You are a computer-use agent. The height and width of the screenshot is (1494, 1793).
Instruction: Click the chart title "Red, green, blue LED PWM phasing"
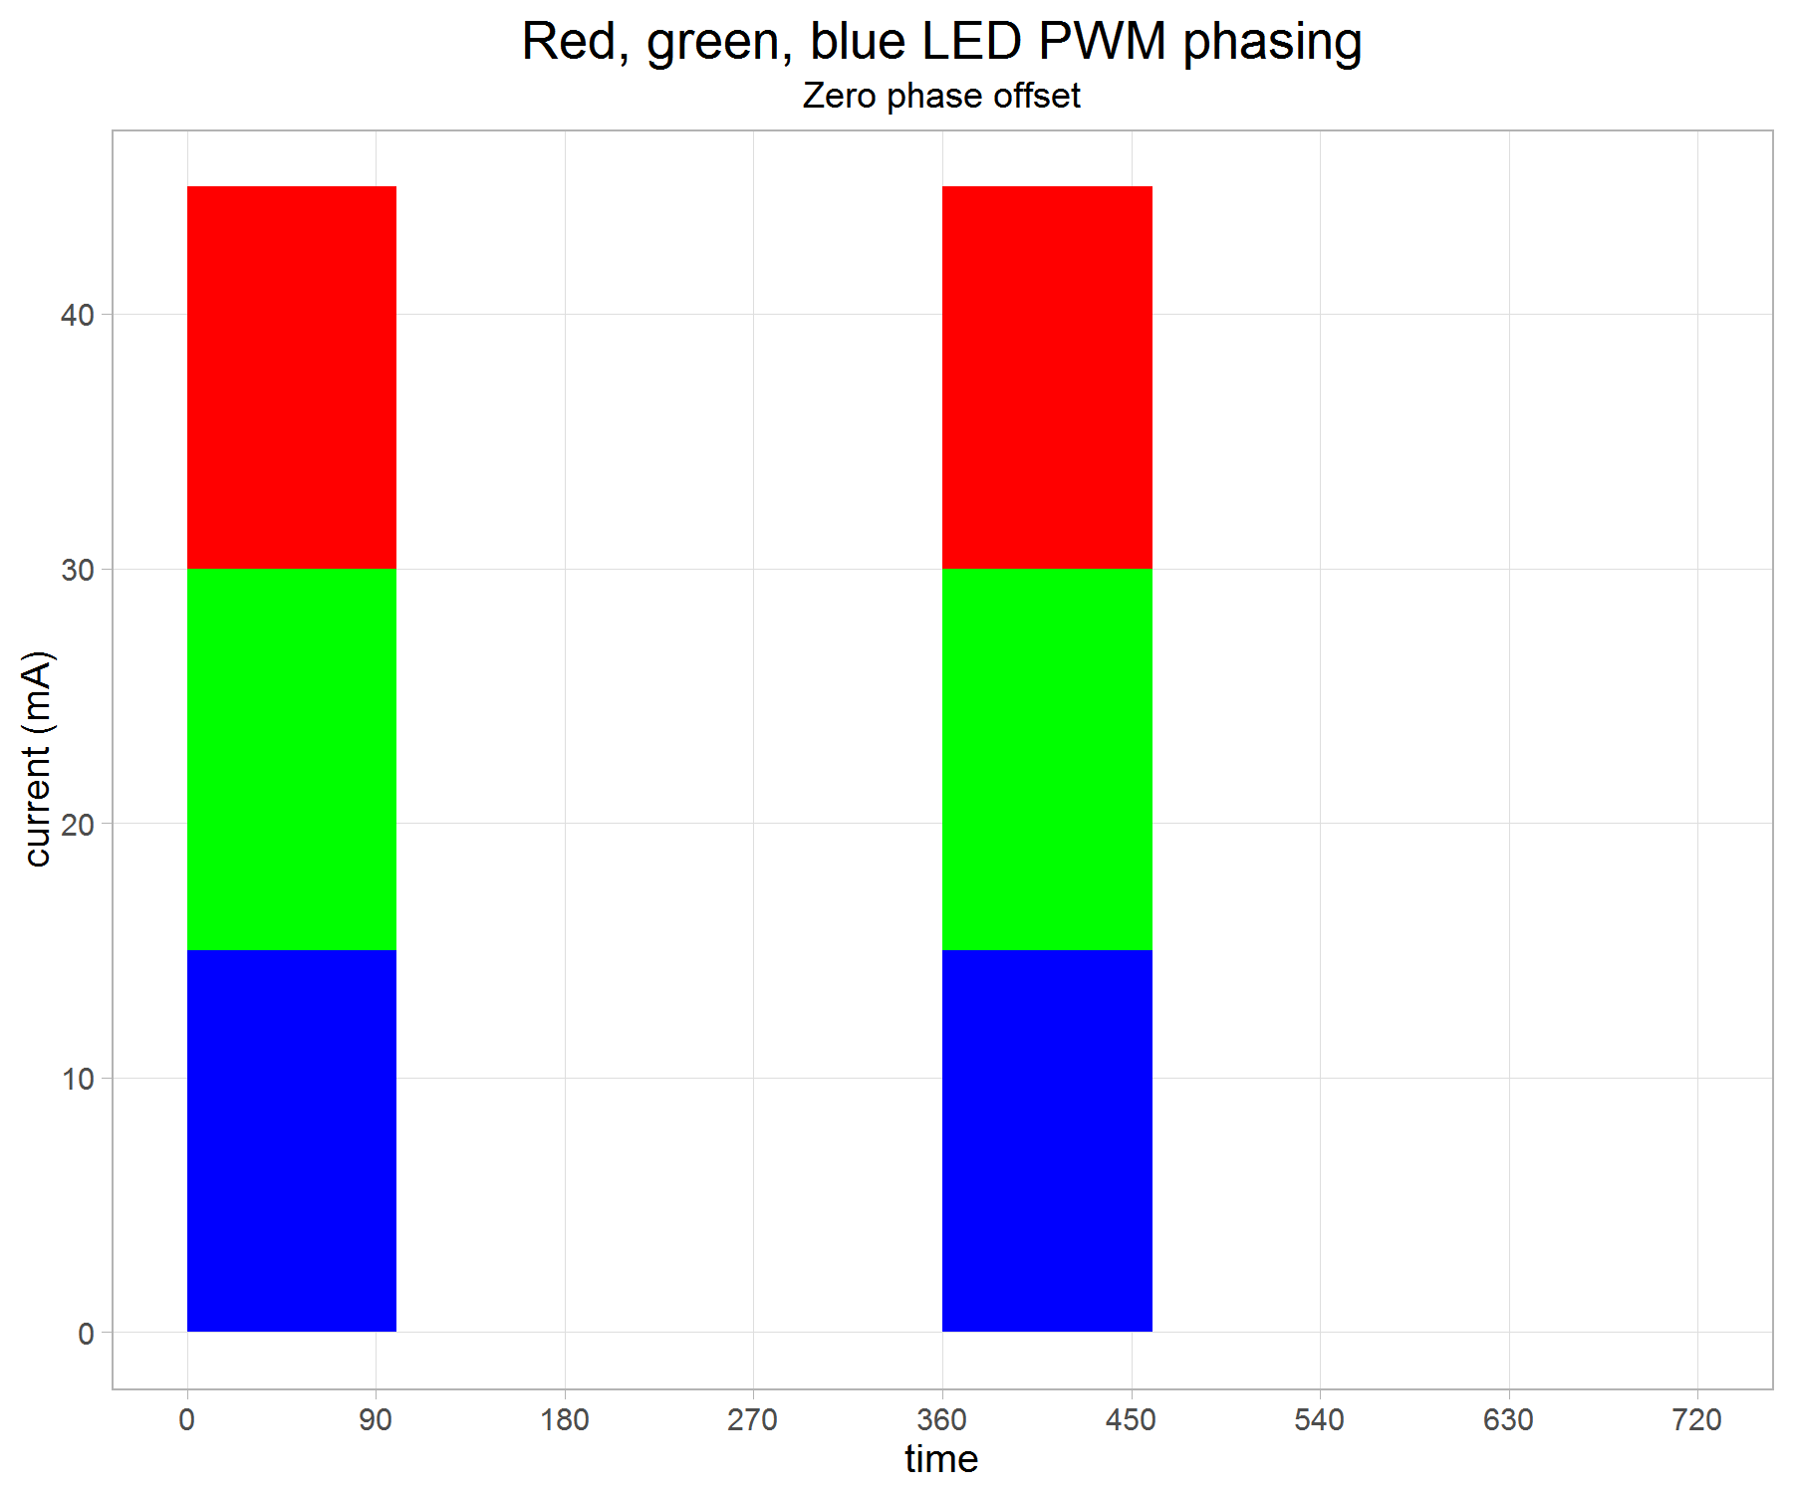[941, 42]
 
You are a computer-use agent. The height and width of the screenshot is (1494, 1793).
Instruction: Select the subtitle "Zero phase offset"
[941, 96]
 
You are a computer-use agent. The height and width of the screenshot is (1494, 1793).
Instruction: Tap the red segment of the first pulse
[292, 376]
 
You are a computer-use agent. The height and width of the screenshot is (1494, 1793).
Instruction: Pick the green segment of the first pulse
[292, 759]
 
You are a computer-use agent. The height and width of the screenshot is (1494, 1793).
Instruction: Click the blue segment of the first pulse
[292, 1140]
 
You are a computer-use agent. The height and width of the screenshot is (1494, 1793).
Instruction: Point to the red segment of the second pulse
[1047, 376]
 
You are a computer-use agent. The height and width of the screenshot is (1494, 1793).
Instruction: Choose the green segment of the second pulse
[1047, 759]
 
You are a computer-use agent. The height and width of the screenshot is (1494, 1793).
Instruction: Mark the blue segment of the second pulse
[1047, 1140]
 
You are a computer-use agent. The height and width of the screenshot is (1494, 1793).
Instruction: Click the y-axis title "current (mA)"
[38, 759]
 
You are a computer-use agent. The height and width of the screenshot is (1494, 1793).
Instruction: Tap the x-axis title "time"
[941, 1459]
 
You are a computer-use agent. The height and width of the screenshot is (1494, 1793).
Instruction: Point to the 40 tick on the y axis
[77, 315]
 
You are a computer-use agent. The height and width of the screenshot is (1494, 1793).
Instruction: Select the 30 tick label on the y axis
[77, 570]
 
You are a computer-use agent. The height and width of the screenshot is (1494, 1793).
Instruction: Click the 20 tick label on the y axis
[77, 824]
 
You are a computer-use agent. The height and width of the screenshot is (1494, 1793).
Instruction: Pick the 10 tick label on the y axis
[77, 1079]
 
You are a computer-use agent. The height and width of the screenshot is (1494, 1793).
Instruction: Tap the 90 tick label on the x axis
[376, 1419]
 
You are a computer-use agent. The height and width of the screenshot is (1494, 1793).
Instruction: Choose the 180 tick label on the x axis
[565, 1419]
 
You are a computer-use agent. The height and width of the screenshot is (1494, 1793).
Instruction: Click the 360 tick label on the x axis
[941, 1419]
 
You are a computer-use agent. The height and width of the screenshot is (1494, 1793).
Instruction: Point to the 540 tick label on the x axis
[1320, 1419]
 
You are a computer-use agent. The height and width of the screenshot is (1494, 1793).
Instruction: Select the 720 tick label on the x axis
[1697, 1419]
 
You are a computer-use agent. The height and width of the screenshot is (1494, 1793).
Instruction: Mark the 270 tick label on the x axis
[753, 1419]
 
